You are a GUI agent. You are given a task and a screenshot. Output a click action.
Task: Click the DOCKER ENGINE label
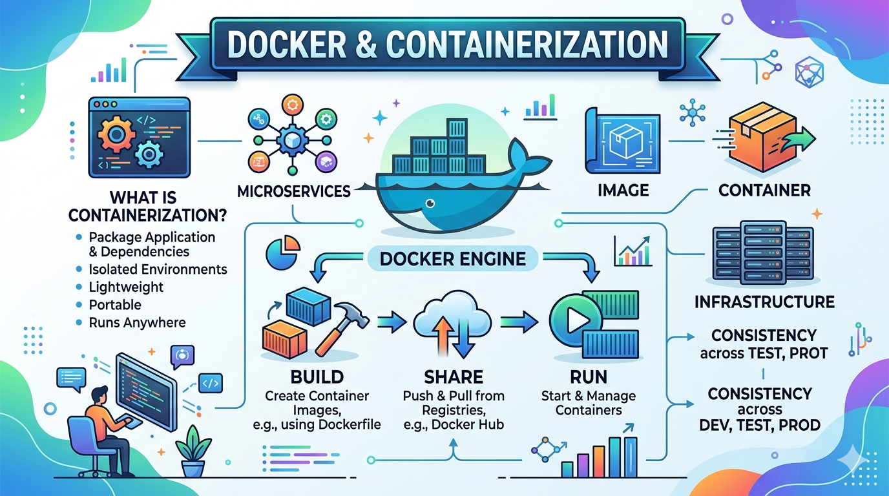pyautogui.click(x=452, y=259)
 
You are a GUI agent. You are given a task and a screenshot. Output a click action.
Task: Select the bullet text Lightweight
pyautogui.click(x=126, y=287)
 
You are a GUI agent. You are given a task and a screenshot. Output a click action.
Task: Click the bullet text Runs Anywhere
pyautogui.click(x=137, y=322)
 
